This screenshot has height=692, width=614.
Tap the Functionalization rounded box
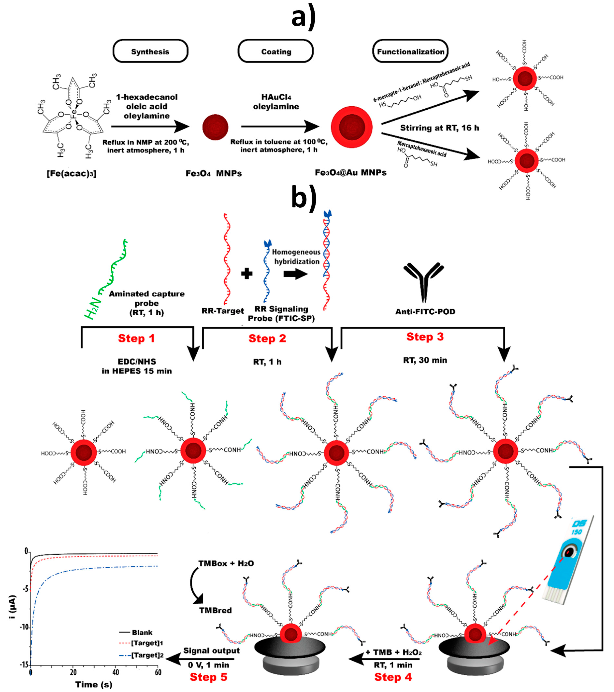[410, 51]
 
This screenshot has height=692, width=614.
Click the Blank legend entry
[142, 632]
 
